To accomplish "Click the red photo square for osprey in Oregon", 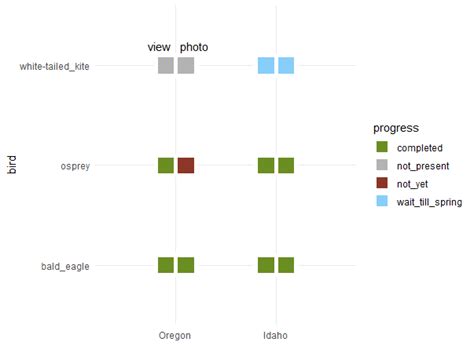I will (186, 166).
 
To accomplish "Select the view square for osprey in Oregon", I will (166, 166).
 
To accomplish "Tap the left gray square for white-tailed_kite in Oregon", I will (166, 66).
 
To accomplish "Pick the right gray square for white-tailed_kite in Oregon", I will (186, 66).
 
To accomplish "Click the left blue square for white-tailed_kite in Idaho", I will (266, 66).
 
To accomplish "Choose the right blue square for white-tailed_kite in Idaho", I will (286, 66).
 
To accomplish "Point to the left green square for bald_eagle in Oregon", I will (166, 265).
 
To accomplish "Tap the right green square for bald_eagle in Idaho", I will (286, 265).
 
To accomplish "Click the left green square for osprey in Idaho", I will (266, 166).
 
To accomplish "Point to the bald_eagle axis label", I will (65, 266).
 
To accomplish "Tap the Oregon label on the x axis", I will (175, 335).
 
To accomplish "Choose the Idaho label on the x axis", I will (275, 335).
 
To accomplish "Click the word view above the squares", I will (159, 47).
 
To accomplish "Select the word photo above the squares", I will (194, 47).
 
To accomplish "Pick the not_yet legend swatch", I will (382, 183).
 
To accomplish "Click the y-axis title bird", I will (12, 166).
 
